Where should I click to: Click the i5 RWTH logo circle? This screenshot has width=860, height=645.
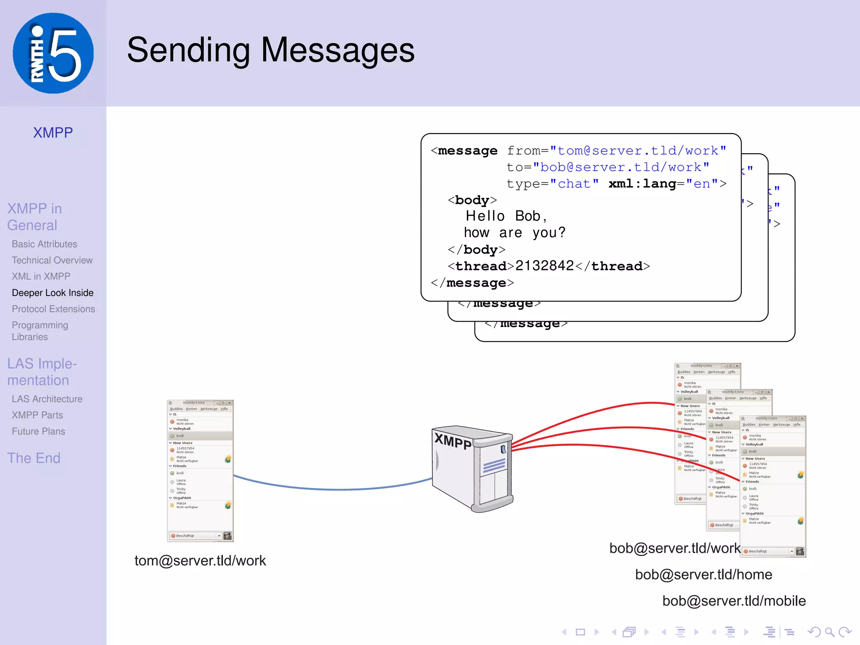(x=53, y=53)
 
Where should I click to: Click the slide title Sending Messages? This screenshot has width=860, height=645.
(x=270, y=50)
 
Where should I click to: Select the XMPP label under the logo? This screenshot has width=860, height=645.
(x=53, y=133)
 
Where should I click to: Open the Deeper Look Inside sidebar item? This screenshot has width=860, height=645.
(x=52, y=293)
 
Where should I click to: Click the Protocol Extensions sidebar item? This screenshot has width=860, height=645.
(x=53, y=309)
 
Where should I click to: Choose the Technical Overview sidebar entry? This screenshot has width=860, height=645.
(x=52, y=260)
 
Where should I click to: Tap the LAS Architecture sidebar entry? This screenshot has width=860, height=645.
(x=47, y=399)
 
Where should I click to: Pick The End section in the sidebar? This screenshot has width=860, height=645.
(x=34, y=458)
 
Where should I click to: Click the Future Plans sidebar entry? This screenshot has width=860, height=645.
(x=38, y=431)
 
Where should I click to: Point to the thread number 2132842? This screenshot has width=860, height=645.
(x=544, y=266)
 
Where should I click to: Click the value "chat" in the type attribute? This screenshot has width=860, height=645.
(x=574, y=184)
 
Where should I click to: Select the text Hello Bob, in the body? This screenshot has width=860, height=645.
(x=506, y=216)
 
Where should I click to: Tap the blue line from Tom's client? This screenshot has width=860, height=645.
(x=336, y=489)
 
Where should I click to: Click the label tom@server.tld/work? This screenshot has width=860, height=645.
(x=200, y=561)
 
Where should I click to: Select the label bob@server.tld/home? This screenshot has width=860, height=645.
(x=703, y=574)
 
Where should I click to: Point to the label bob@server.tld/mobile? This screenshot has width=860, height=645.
(x=734, y=601)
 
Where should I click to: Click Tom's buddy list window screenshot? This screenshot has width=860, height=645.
(x=200, y=470)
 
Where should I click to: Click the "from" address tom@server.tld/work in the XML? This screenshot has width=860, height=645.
(x=638, y=150)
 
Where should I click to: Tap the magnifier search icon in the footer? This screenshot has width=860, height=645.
(x=829, y=632)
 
